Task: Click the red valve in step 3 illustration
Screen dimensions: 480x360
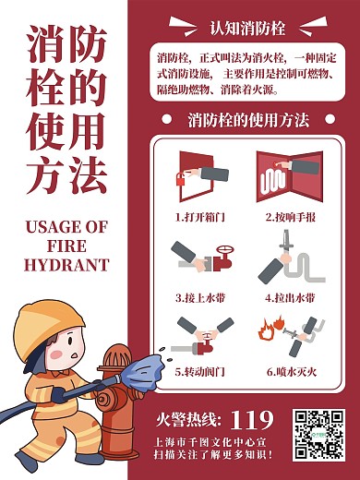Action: click(222, 253)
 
